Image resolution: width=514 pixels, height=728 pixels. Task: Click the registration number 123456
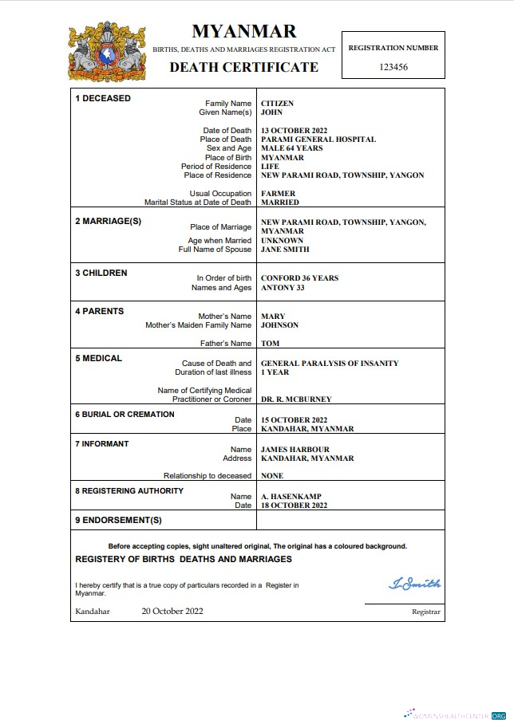[x=393, y=67]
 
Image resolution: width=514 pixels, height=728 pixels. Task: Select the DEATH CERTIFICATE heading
[x=243, y=67]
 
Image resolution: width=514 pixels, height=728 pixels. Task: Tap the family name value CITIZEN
[x=277, y=104]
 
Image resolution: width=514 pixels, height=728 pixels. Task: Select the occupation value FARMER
[x=278, y=194]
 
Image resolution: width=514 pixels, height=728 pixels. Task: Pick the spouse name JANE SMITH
[x=285, y=250]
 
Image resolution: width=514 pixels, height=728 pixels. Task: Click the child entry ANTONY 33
[x=283, y=287]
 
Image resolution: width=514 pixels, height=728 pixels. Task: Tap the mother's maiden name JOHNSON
[x=279, y=325]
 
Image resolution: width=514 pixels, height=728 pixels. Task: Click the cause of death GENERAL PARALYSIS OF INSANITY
[x=330, y=364]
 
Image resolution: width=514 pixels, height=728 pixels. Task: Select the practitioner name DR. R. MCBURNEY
[x=296, y=399]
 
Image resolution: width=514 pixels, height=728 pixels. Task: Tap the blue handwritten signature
[x=414, y=584]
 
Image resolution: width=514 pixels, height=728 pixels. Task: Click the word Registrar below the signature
[x=425, y=612]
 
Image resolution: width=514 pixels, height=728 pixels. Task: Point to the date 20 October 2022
[x=172, y=612]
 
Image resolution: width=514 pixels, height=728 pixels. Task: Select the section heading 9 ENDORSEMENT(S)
[x=118, y=520]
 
